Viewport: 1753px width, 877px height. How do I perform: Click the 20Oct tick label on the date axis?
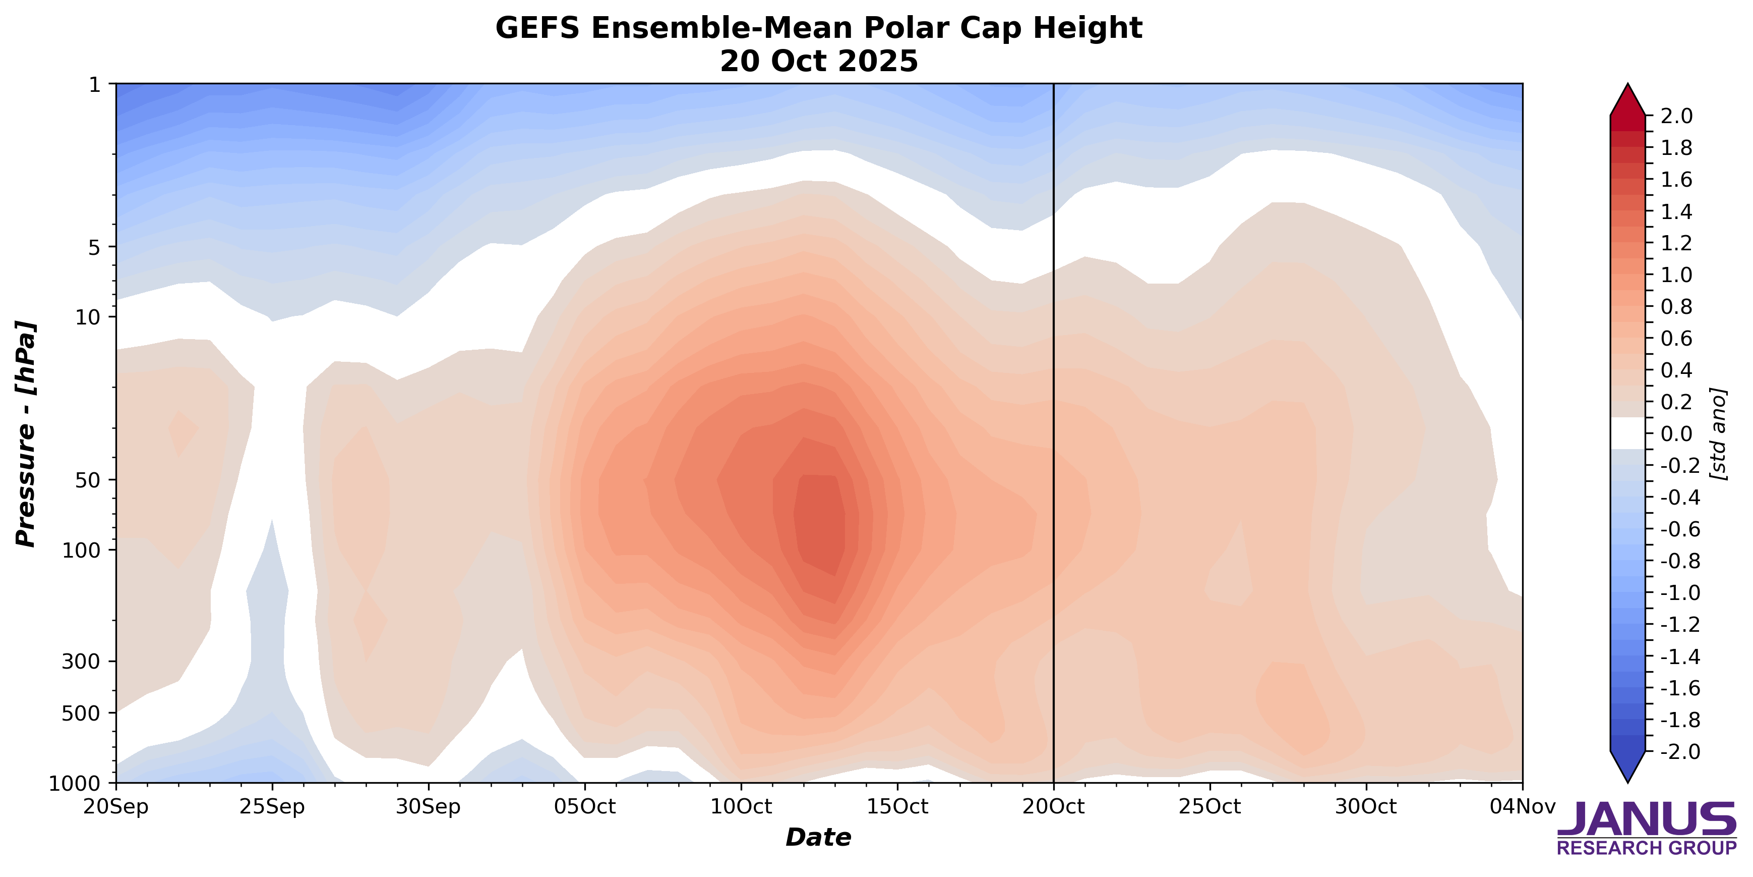pos(1053,807)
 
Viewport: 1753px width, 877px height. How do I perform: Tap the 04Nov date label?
pos(1522,807)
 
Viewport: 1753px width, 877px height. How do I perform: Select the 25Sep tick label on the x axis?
pos(272,807)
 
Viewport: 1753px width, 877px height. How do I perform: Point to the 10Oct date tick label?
pos(741,807)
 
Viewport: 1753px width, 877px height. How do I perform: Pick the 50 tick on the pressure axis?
pos(87,480)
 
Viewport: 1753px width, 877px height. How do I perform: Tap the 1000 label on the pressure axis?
pos(75,784)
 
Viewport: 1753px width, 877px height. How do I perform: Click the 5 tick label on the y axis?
pos(94,247)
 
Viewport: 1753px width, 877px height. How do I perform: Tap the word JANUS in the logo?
pos(1646,819)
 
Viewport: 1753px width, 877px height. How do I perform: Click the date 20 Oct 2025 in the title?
pos(819,61)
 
